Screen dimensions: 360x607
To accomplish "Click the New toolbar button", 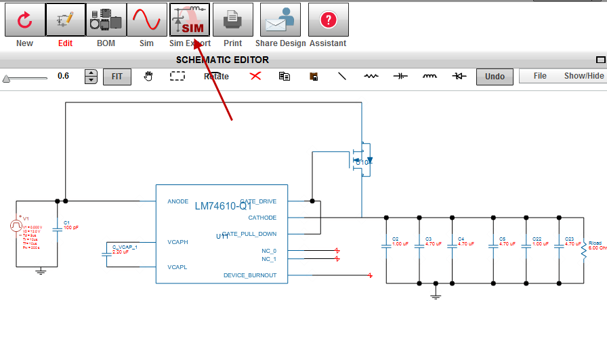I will point(24,20).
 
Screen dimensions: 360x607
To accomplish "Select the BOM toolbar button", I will point(106,20).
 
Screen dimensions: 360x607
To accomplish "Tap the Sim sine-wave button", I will point(147,20).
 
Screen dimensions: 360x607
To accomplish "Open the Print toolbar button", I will point(233,20).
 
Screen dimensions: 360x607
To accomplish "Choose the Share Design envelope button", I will point(280,20).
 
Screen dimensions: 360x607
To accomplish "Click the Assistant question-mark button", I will point(328,20).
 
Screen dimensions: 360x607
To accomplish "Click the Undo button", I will point(495,77).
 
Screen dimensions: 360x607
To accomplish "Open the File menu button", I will point(540,76).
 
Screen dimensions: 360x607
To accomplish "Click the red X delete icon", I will point(255,76).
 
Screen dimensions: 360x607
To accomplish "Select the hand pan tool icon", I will point(148,76).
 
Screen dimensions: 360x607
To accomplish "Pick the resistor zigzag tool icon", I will point(371,76).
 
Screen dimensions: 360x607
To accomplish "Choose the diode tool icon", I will point(460,76).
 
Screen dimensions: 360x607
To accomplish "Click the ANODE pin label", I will point(178,201).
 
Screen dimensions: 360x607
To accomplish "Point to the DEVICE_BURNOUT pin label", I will point(250,275).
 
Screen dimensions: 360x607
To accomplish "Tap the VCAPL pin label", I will point(177,267).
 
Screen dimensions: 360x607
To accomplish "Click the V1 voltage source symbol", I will point(16,226).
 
